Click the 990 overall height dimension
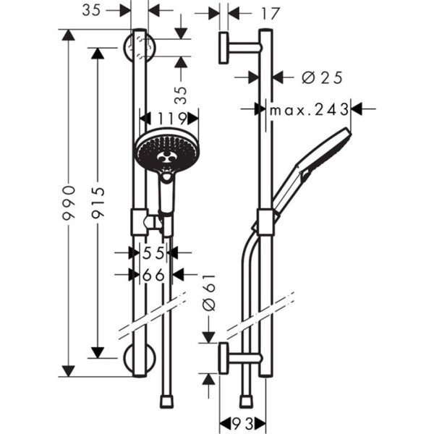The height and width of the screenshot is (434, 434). tap(69, 203)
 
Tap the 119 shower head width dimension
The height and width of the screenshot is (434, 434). tap(169, 118)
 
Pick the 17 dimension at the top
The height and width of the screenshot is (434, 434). tap(250, 13)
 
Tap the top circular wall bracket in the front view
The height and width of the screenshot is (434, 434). tap(140, 48)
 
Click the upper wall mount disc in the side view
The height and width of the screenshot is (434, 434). tap(224, 48)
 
